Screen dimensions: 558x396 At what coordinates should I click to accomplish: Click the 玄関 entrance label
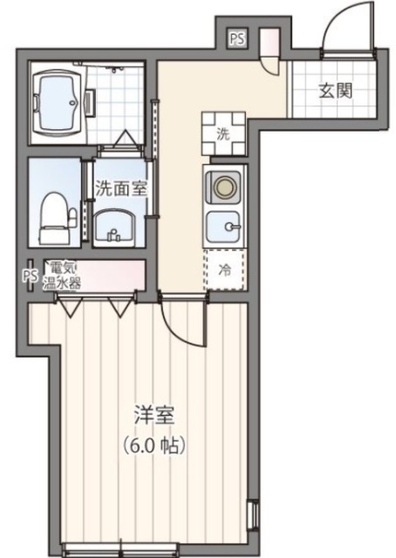point(334,91)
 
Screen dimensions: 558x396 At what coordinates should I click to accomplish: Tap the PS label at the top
point(237,38)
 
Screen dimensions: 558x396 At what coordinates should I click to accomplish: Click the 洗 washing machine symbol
point(222,133)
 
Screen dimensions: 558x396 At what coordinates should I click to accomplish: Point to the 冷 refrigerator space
point(223,269)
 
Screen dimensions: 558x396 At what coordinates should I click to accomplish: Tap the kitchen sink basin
point(224,228)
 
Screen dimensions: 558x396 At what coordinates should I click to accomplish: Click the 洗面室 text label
point(119,187)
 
